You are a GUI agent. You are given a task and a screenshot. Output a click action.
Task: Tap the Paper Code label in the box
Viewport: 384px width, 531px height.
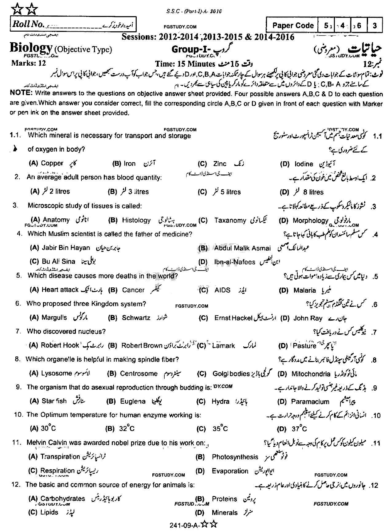tap(293, 26)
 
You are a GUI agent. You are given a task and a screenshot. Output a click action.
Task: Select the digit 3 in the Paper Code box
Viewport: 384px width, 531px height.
tap(374, 26)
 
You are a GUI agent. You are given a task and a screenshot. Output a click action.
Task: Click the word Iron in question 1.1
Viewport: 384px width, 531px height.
tap(130, 164)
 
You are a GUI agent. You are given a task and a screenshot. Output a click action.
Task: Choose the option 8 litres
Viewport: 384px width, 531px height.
tap(313, 192)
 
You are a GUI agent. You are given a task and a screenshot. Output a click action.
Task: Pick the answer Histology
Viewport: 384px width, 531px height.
tap(136, 220)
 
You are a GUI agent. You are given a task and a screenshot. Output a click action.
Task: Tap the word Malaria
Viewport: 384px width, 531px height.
tap(304, 290)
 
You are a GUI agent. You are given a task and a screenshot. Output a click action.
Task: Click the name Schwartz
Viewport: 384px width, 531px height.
tap(136, 318)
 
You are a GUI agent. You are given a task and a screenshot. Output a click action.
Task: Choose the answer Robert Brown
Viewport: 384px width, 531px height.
tap(142, 346)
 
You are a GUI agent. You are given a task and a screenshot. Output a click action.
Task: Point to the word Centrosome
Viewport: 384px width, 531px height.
tap(139, 374)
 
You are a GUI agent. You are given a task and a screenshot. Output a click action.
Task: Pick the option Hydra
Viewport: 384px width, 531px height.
tap(221, 402)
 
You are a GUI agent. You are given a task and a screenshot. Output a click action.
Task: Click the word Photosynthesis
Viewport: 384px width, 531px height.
tap(235, 457)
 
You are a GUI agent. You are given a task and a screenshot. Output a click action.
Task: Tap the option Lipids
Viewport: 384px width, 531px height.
tap(49, 512)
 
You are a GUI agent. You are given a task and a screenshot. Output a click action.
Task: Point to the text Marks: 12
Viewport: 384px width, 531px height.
tap(29, 63)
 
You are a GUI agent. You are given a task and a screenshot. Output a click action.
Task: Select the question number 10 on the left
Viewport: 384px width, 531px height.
tap(19, 415)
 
